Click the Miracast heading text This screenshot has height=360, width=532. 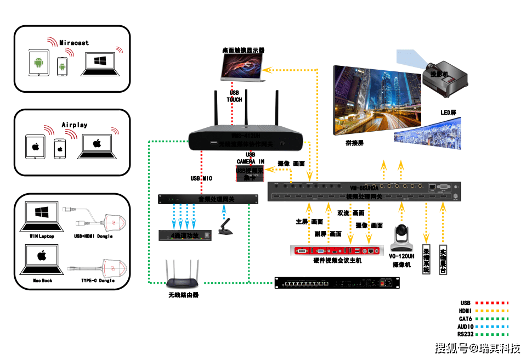pos(74,42)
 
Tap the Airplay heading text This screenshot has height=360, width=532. pos(75,125)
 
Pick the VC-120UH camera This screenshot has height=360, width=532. pos(401,237)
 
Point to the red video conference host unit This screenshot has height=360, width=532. pos(336,251)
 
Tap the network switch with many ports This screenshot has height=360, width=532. pos(337,283)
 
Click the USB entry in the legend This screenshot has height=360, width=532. pos(466,302)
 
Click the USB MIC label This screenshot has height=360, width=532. pos(201,178)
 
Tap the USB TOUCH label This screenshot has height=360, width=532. pos(234,96)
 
